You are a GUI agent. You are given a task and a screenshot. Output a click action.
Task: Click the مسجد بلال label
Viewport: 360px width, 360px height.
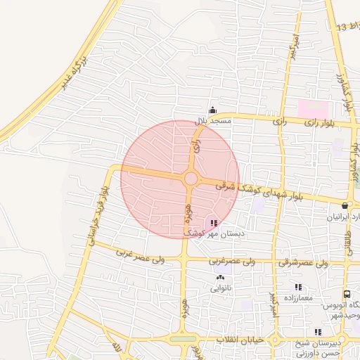point(213,121)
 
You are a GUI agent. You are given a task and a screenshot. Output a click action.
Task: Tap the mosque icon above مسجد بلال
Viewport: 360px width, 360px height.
point(213,110)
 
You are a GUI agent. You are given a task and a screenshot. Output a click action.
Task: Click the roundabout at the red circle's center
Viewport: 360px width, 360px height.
point(191,179)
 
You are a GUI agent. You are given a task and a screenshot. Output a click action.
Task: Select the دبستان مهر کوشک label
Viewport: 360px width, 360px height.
point(214,233)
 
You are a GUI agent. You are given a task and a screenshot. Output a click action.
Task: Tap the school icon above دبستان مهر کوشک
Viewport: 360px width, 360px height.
point(214,223)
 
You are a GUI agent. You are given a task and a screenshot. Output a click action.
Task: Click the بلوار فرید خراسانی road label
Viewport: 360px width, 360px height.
point(99,215)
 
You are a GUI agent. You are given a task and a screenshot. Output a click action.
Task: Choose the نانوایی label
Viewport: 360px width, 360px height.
point(219,288)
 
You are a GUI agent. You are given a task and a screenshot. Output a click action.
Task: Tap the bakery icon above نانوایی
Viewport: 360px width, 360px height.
point(219,278)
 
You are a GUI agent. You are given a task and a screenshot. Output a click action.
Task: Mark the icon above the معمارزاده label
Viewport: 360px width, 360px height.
point(298,287)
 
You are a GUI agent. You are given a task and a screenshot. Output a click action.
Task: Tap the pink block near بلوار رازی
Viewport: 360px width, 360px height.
point(313,109)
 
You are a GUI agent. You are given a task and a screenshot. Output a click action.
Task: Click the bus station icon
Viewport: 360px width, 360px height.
point(347,294)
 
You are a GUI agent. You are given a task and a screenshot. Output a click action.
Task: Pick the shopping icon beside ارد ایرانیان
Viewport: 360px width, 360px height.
point(345,206)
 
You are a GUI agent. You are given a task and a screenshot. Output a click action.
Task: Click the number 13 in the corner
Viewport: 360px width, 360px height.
point(341,27)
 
